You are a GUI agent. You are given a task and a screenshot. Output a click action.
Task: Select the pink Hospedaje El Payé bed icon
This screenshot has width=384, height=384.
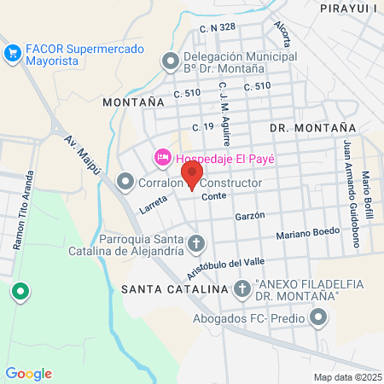[161, 157]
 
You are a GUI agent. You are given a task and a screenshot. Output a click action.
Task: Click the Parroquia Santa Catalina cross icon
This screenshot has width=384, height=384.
[196, 244]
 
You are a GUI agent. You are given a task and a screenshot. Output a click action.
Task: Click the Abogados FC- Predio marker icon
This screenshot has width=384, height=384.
[318, 319]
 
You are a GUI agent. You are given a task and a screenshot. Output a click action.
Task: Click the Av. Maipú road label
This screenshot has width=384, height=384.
[82, 154]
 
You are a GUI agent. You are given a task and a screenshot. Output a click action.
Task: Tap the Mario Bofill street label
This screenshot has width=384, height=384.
[367, 195]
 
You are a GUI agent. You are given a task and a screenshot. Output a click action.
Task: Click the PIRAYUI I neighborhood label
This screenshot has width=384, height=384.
[350, 9]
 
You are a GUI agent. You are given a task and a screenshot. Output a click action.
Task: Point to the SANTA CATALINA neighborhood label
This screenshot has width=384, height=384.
[175, 289]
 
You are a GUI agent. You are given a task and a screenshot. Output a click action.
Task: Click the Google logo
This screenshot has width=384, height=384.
[28, 373]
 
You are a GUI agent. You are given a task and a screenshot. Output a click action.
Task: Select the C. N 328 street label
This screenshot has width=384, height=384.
[217, 28]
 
